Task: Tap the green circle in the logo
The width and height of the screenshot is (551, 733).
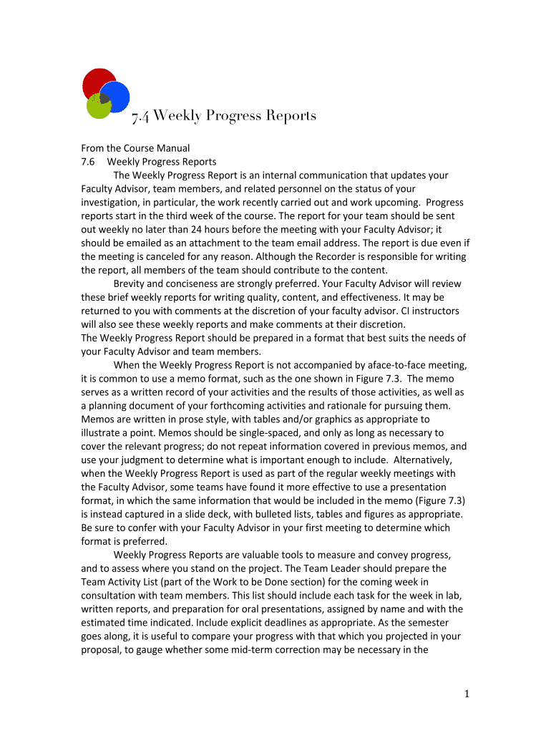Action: tap(97, 107)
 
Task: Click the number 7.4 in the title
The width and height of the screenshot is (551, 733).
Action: tap(140, 116)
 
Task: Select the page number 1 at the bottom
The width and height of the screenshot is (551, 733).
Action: tap(465, 693)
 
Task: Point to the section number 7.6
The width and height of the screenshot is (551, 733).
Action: tap(89, 162)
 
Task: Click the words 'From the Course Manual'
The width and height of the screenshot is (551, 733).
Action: tap(135, 148)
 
